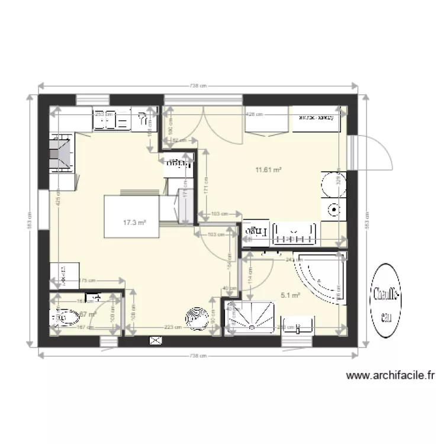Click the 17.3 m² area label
(x=134, y=223)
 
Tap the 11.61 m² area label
(x=268, y=170)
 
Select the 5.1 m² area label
(x=291, y=294)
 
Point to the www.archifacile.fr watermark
(x=391, y=375)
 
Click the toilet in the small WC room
(x=65, y=318)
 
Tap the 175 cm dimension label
(x=87, y=281)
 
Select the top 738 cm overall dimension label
(x=198, y=86)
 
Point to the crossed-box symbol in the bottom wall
(x=156, y=340)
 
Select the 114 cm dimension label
(x=249, y=274)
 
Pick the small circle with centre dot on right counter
(x=333, y=209)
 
